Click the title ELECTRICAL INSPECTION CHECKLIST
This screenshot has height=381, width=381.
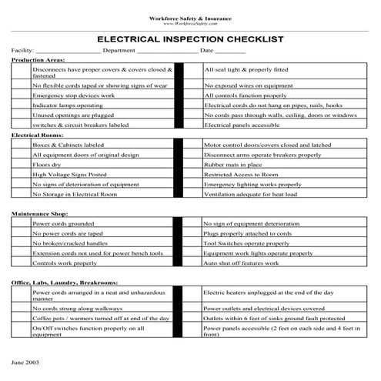click(190, 38)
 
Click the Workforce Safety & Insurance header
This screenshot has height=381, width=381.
click(190, 17)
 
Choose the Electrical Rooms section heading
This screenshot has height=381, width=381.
click(35, 135)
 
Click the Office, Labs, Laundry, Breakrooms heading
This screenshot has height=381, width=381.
click(63, 283)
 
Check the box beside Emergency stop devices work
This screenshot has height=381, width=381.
click(21, 95)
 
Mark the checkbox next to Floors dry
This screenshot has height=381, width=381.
click(21, 164)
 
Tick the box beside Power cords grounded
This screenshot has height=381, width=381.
click(21, 223)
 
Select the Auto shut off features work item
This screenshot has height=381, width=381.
click(242, 263)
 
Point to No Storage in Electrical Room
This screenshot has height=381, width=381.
click(72, 195)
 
